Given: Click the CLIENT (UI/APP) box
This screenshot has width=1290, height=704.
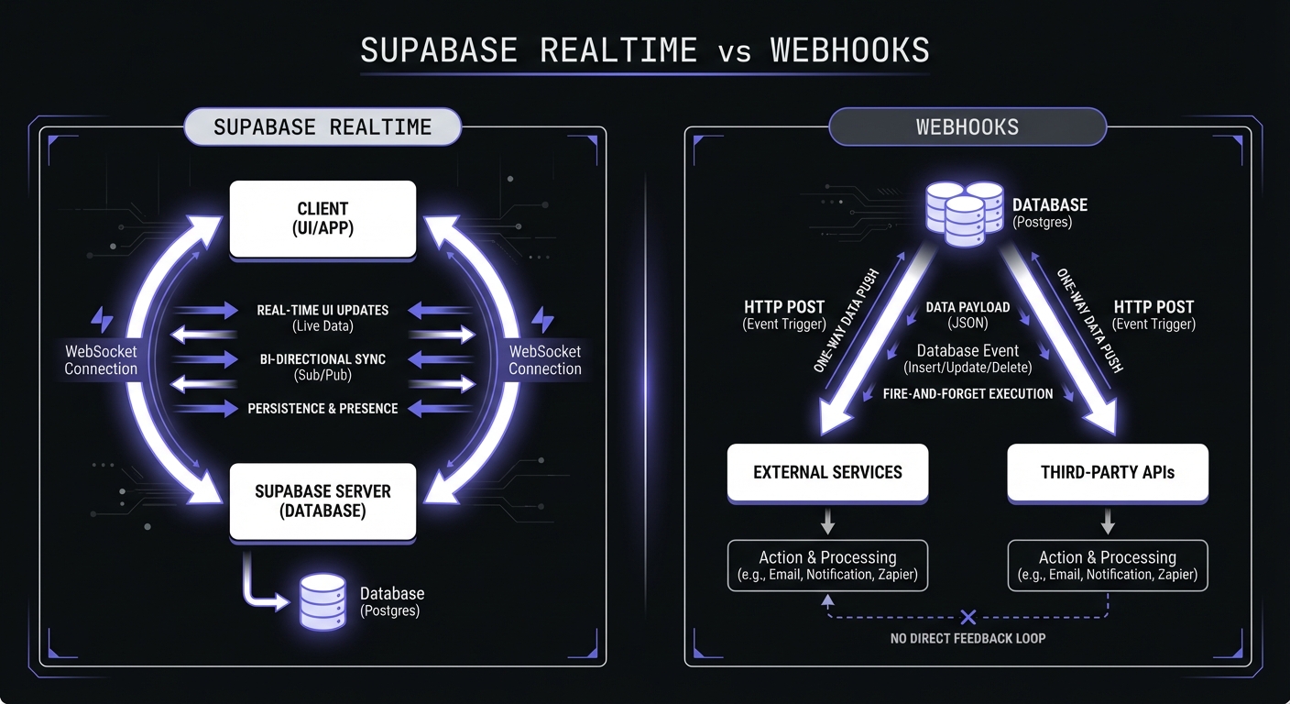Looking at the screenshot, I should (322, 218).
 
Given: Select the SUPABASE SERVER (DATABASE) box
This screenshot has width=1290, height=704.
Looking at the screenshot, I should (322, 500).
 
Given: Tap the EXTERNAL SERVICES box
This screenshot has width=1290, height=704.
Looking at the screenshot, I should (827, 473).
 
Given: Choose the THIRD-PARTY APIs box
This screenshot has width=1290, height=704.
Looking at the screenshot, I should (1108, 473).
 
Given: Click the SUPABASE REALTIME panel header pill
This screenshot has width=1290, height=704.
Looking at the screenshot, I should (322, 127).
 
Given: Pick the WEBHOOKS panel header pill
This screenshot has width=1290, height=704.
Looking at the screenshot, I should (967, 127).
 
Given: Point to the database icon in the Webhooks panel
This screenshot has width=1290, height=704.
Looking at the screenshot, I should (965, 214).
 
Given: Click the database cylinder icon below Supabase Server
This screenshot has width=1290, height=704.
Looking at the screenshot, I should (322, 600).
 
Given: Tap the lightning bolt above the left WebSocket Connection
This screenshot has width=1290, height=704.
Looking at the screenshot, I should (102, 321).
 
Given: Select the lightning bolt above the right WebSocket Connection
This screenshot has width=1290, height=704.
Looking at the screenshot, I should (543, 321).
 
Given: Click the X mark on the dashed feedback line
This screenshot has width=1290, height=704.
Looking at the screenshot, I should (968, 617).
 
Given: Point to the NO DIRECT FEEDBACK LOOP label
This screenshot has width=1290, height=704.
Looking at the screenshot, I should (967, 638).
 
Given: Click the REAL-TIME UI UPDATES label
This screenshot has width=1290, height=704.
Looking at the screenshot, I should (322, 311).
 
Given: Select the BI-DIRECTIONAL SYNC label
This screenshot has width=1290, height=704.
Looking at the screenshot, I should (322, 359).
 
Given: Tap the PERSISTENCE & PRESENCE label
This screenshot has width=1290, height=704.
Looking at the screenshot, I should (322, 408).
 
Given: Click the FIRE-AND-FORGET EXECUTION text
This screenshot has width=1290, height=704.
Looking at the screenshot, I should (967, 393).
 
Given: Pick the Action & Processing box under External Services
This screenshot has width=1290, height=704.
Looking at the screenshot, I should (827, 566).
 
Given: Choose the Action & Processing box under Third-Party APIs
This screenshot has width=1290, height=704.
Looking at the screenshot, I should (1108, 566).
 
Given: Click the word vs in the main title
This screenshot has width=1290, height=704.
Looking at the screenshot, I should (734, 50).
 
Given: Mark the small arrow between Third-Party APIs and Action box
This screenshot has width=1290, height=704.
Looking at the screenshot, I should (1108, 522).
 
